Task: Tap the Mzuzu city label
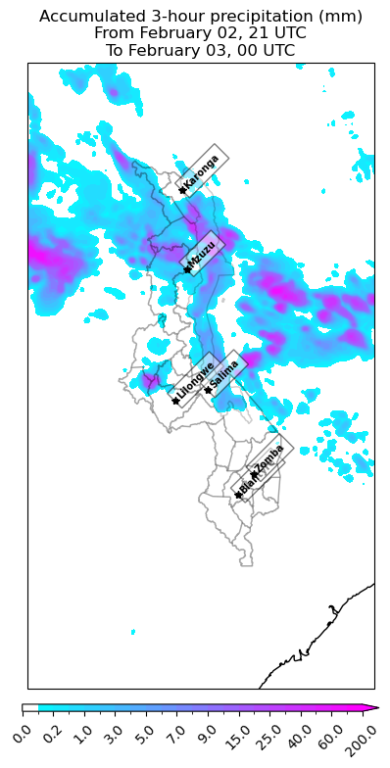point(202,254)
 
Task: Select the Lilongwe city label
point(195,380)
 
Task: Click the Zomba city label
point(269,457)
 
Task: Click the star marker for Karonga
point(182,189)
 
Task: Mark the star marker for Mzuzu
point(184,270)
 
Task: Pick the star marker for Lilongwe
point(175,401)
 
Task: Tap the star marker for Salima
point(208,390)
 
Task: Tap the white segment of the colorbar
point(30,707)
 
